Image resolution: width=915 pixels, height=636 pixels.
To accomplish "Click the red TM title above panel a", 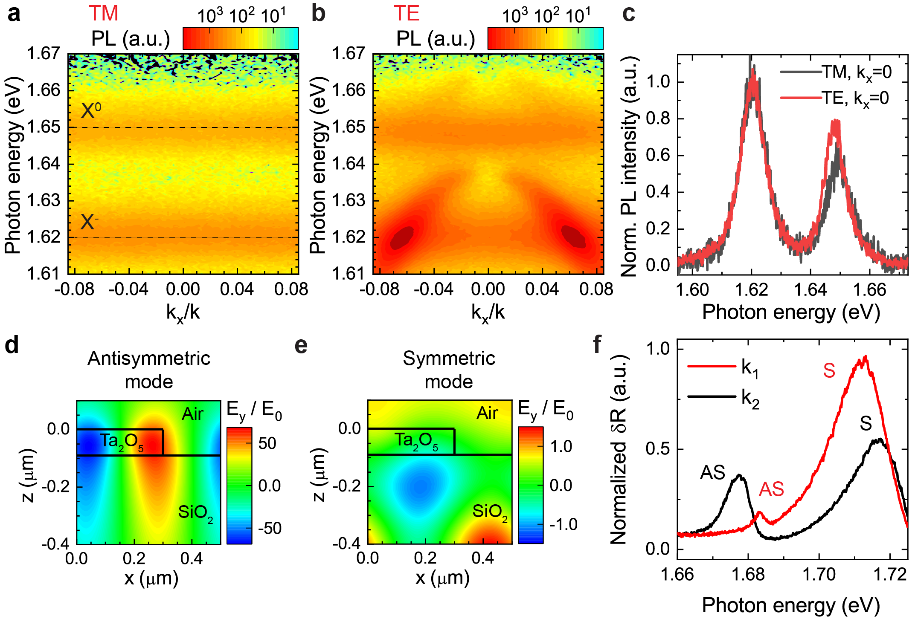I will click(x=103, y=14).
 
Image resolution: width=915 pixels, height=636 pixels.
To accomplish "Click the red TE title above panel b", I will click(x=406, y=14).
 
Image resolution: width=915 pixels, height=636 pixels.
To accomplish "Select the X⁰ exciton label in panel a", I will click(x=90, y=111).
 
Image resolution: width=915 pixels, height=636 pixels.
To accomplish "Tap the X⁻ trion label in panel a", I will click(x=89, y=222).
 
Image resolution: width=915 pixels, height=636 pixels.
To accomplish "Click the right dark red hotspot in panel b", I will click(x=573, y=236).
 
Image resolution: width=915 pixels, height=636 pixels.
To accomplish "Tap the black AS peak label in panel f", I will click(x=712, y=472).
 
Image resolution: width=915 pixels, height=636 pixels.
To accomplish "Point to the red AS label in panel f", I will click(x=771, y=489).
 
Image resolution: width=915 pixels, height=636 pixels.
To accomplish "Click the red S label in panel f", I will click(x=829, y=370).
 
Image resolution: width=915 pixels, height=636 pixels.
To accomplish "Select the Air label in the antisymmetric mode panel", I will click(x=192, y=414).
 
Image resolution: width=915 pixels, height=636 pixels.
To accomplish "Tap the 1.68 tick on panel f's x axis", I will click(x=748, y=574).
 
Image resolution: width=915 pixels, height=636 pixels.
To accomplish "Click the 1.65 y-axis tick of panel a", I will click(x=44, y=127).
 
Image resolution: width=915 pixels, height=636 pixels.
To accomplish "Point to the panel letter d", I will click(x=12, y=344).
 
